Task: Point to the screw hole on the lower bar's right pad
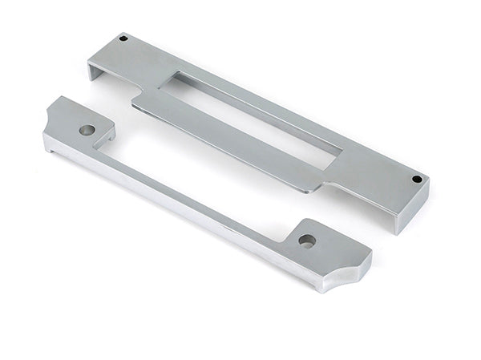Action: [x=305, y=240]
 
